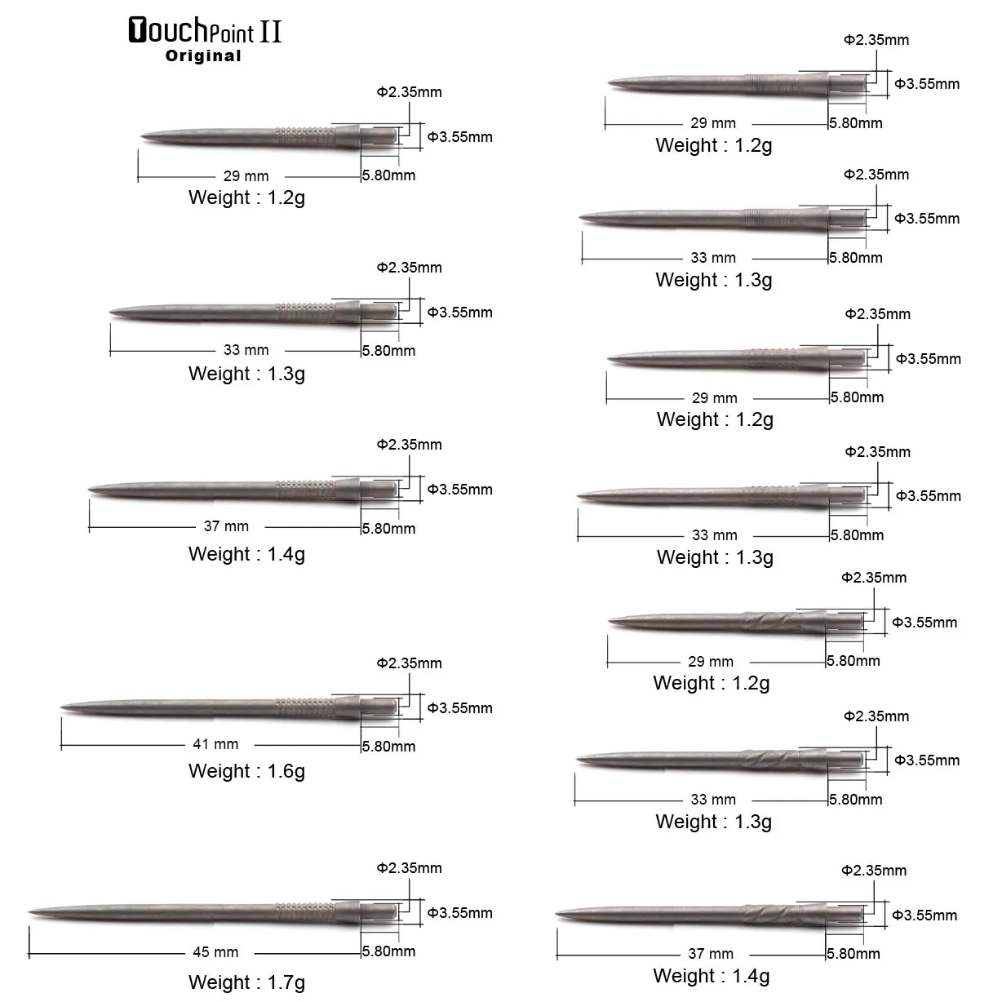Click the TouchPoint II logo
pos(205,30)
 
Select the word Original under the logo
pos(203,55)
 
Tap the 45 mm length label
pos(215,951)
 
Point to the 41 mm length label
pos(215,744)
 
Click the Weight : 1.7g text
pos(246,982)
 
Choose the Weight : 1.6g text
pos(246,770)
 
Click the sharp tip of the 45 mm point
pos(29,911)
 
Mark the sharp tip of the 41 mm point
pos(61,707)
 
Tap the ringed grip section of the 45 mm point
pos(304,912)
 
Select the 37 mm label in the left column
pos(226,526)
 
